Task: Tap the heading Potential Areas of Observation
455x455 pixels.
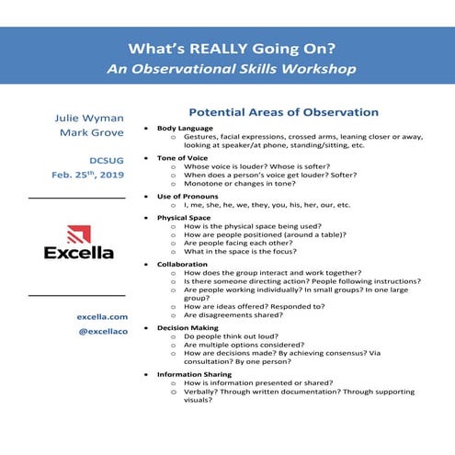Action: [283, 112]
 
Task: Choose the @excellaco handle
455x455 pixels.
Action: [89, 331]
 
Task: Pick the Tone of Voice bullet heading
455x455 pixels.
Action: [182, 157]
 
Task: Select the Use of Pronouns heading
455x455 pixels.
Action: [188, 197]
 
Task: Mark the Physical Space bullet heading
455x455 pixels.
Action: [183, 218]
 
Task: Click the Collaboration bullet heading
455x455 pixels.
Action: [182, 265]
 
